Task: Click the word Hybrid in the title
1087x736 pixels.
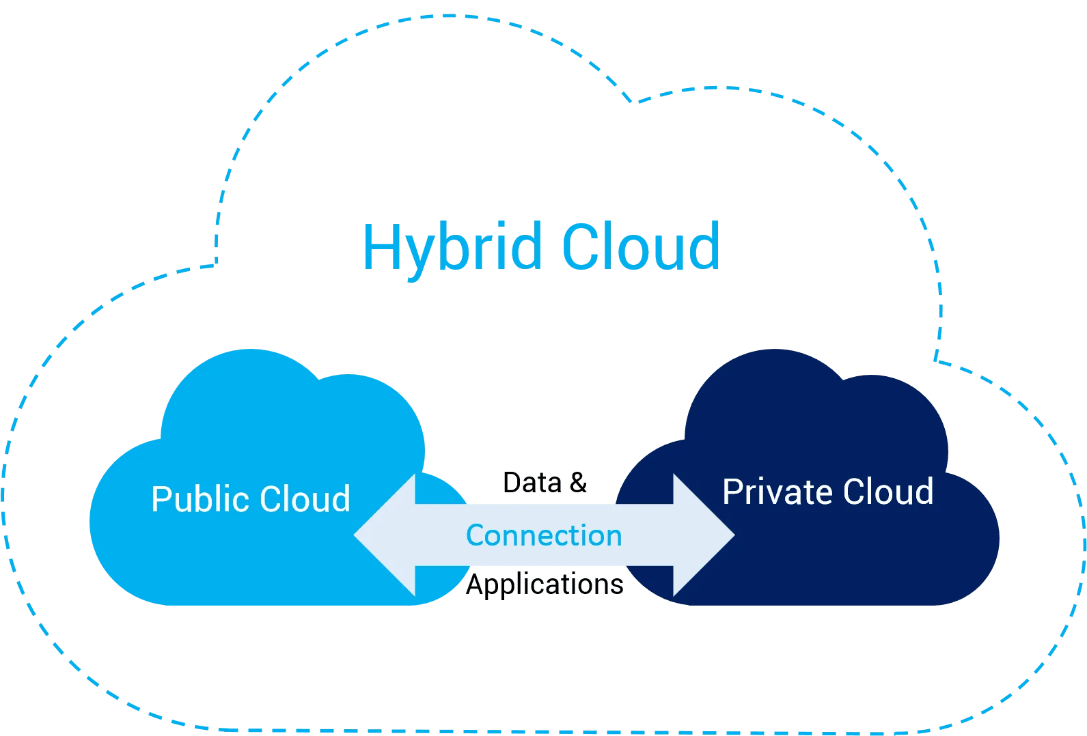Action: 452,247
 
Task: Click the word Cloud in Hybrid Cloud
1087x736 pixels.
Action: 640,247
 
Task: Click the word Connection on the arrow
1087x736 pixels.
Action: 544,535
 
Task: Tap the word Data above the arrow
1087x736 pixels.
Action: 532,483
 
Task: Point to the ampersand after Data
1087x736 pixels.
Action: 578,483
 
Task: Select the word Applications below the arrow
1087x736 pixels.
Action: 545,584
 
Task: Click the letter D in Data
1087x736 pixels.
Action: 511,483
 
